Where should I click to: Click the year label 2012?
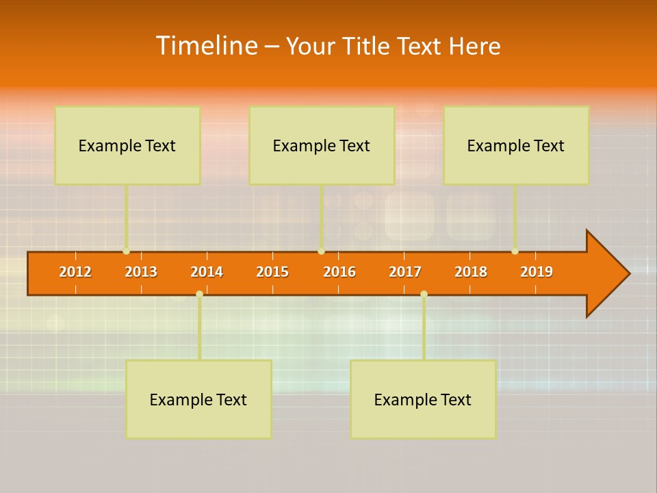point(75,272)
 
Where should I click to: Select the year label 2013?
point(141,272)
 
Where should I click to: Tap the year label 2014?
point(207,272)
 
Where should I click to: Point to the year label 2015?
point(272,272)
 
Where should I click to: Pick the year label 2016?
point(339,272)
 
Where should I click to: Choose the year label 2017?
point(405,272)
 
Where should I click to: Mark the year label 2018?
point(471,272)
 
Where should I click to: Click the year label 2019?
point(537,272)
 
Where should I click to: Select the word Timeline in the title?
point(206,46)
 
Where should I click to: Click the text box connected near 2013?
point(127,145)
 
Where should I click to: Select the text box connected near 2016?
point(322,145)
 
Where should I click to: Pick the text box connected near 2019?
point(516,145)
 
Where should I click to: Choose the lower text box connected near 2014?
point(198,399)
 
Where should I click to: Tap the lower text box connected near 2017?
point(423,399)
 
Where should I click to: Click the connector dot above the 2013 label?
point(127,251)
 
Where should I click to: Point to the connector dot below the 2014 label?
point(199,294)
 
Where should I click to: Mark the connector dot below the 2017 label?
point(424,294)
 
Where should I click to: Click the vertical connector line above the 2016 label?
point(322,216)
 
